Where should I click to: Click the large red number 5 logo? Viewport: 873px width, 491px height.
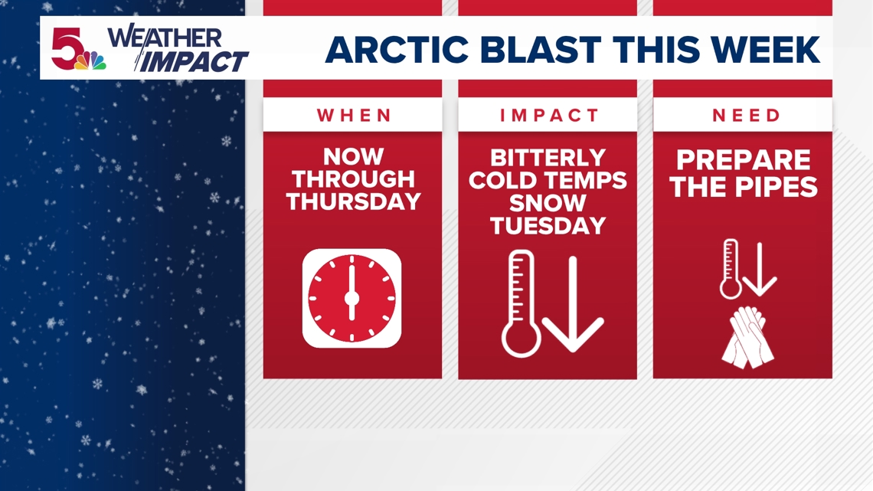coord(66,48)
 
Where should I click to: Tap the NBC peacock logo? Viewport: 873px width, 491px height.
coord(91,60)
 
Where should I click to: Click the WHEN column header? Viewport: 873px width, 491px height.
coord(354,115)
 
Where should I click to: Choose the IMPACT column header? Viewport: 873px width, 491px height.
coord(549,115)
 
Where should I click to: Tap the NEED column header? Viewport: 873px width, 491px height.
coord(746,115)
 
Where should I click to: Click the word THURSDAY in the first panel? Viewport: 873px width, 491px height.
coord(354,201)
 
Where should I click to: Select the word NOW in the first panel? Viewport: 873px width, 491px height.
coord(354,156)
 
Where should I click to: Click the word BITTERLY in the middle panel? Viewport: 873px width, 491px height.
coord(548,158)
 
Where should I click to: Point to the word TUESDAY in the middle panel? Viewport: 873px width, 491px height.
coord(548,225)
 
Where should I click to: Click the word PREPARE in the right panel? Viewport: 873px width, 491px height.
coord(744,160)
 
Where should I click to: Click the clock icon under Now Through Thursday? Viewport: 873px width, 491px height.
coord(351,299)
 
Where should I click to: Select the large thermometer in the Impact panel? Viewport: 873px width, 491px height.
coord(522,303)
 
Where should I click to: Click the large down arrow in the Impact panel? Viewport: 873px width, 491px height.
coord(573,304)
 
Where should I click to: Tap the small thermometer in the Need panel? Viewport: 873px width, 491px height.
coord(730,269)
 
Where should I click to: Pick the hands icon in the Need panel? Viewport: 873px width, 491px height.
coord(747,337)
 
